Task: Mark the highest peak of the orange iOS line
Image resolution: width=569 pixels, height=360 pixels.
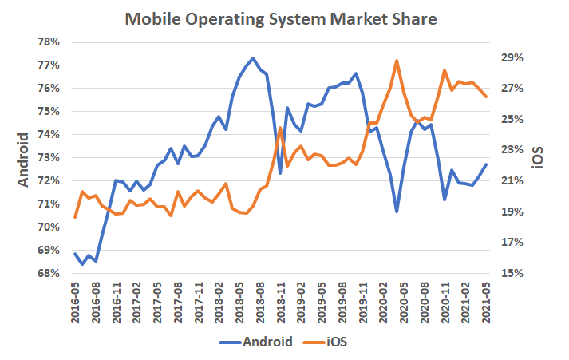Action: pos(397,61)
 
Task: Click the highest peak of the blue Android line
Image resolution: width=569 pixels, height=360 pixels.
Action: pos(253,58)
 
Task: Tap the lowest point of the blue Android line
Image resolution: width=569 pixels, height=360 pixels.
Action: pos(81,264)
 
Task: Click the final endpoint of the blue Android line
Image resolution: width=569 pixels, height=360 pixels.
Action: pos(485,164)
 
